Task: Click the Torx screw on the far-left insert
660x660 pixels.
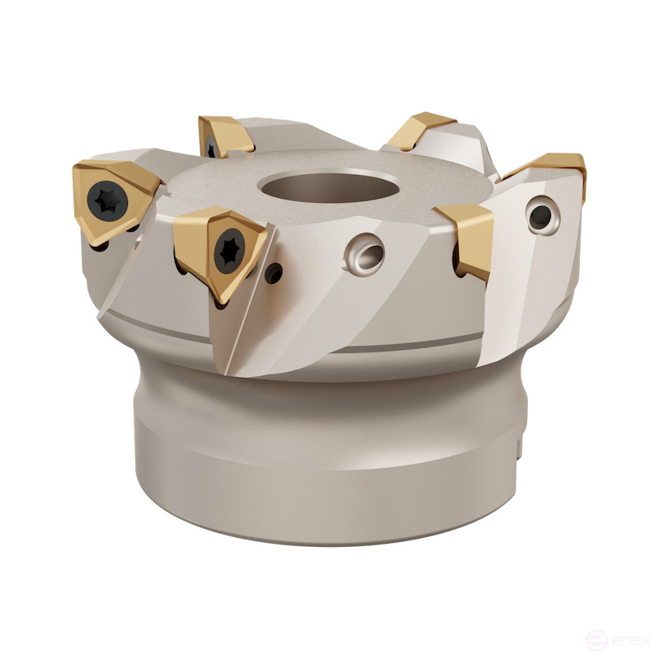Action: point(107,201)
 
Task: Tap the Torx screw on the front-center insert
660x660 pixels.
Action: point(229,252)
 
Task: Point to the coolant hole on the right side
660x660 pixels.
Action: point(543,215)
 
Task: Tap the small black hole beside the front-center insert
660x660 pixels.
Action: point(275,272)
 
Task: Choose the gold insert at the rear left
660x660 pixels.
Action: point(225,136)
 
